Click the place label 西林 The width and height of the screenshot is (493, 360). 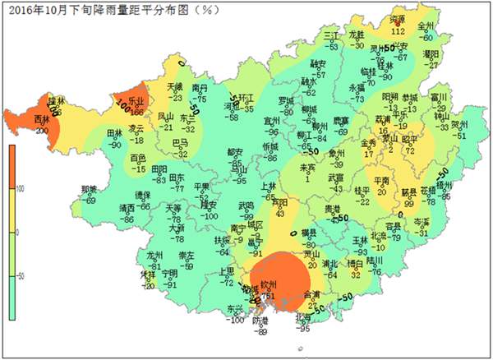coord(40,120)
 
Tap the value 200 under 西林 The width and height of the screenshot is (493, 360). coord(41,130)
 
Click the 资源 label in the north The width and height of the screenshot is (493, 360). coord(398,21)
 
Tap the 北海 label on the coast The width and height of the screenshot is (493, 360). coord(302,318)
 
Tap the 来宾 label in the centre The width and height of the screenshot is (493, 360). coord(306,168)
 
